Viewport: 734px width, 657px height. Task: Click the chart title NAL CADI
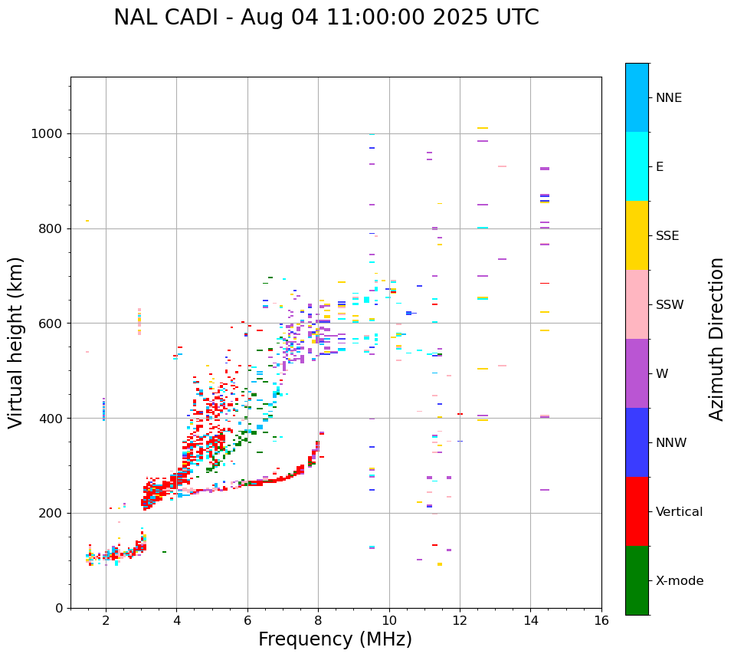164,18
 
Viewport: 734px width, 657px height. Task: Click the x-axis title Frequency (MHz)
335,639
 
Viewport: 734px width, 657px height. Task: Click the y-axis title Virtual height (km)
16,342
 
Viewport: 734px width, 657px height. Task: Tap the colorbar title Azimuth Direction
716,338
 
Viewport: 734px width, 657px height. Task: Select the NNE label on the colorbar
668,98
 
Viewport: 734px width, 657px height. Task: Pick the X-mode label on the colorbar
679,581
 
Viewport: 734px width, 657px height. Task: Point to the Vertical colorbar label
679,512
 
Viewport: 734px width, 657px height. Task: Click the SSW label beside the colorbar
670,305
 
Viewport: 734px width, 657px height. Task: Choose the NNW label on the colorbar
671,443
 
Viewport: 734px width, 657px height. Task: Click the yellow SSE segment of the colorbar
637,235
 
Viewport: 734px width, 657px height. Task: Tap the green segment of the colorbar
637,580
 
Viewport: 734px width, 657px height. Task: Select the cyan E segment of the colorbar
637,166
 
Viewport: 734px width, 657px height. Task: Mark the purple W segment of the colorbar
637,373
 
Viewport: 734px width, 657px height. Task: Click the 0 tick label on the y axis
59,608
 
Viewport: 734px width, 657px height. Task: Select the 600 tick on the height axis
53,324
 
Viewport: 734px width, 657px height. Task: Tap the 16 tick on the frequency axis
601,620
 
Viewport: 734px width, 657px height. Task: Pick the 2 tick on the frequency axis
106,620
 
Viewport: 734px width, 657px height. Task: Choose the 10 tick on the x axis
389,620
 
